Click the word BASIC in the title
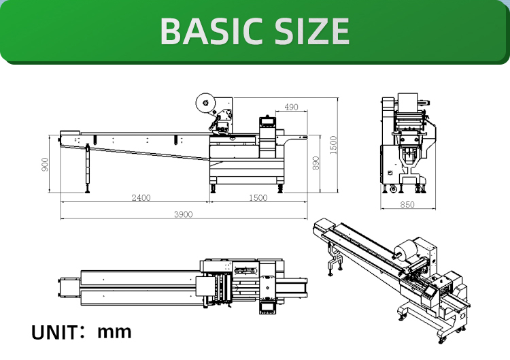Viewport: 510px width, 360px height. (x=205, y=31)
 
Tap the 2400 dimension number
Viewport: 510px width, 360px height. (x=141, y=198)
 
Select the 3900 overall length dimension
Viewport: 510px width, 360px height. (x=183, y=214)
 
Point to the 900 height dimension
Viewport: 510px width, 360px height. (x=46, y=165)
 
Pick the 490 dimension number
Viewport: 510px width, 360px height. (x=291, y=108)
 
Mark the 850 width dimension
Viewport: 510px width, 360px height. (x=407, y=204)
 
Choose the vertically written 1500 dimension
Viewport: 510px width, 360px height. (x=333, y=144)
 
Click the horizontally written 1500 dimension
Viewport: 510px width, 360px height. (x=258, y=198)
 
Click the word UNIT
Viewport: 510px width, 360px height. (x=54, y=333)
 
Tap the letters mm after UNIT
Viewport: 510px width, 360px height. (x=114, y=332)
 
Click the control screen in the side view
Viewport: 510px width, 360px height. (x=267, y=123)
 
